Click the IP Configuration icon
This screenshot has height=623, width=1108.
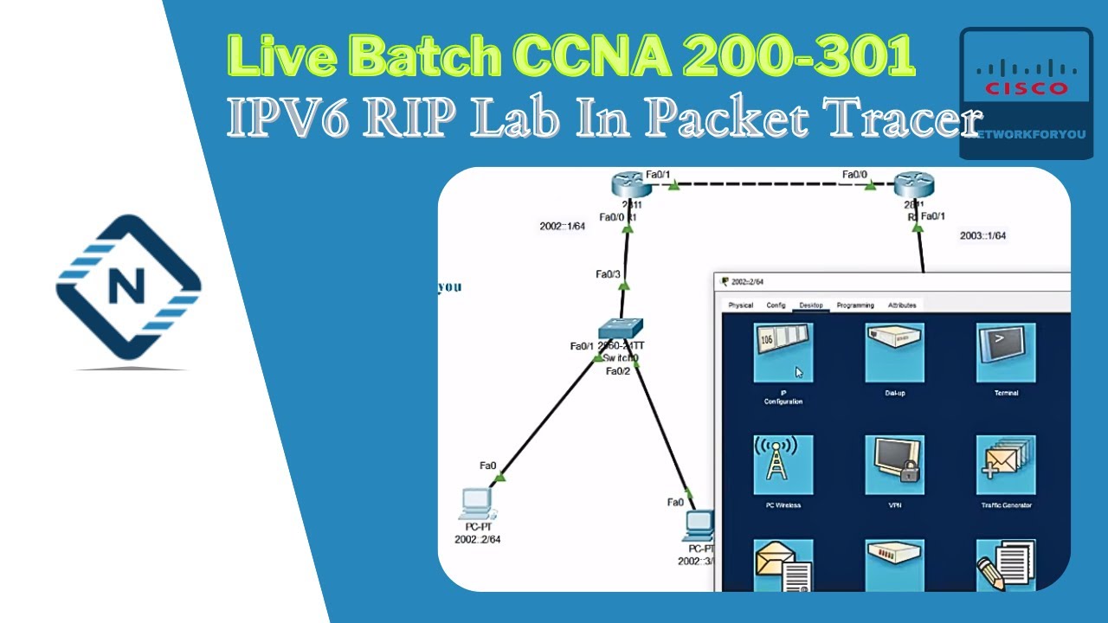click(783, 353)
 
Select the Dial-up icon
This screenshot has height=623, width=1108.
click(894, 353)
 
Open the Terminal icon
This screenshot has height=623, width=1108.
click(1006, 353)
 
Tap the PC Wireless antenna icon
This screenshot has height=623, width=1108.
click(783, 465)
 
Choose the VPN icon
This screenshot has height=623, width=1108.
click(894, 465)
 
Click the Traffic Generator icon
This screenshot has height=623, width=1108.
click(1006, 465)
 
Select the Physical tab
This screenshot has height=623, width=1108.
click(740, 305)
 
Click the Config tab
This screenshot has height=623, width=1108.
click(776, 305)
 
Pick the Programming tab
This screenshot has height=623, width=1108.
click(855, 305)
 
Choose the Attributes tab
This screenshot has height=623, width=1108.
click(902, 305)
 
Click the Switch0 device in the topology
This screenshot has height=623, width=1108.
click(621, 330)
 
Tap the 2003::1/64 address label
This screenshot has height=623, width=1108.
click(982, 235)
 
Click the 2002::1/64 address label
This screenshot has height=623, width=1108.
click(563, 227)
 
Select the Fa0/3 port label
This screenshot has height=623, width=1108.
click(608, 274)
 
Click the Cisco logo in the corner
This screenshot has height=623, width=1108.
click(1026, 82)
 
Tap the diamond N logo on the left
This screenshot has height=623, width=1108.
click(128, 287)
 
